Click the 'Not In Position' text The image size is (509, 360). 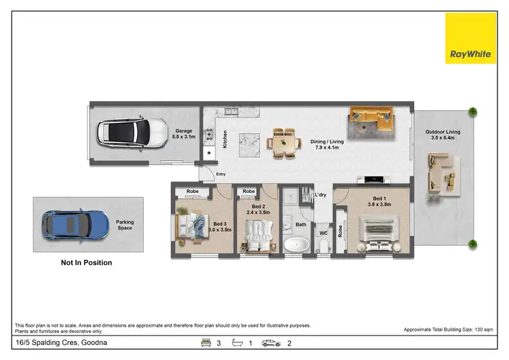[86, 262]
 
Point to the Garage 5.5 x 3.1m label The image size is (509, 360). [185, 134]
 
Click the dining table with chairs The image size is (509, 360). [284, 143]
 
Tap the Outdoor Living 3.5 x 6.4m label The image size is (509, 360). [442, 134]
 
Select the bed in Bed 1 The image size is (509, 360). [376, 232]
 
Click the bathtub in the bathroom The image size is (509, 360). [297, 246]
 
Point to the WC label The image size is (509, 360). [323, 233]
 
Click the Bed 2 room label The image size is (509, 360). [258, 209]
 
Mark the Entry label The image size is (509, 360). [221, 175]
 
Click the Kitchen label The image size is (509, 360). [225, 139]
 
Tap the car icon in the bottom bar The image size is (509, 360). [271, 343]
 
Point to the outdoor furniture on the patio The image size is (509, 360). [441, 173]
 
